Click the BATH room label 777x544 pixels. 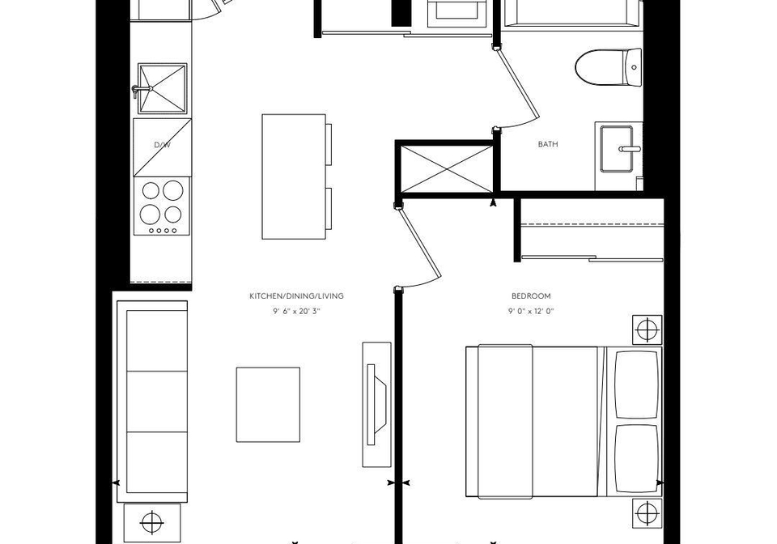(x=548, y=144)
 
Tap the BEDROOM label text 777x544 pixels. (x=531, y=296)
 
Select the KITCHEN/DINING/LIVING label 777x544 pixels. (x=296, y=296)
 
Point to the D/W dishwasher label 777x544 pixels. (x=162, y=145)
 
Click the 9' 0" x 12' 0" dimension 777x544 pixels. (x=531, y=312)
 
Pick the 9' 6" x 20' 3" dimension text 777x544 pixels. (x=296, y=312)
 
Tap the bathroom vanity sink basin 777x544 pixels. (x=617, y=149)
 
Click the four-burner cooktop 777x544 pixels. (x=162, y=206)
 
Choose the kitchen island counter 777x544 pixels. (x=294, y=176)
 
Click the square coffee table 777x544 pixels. (x=268, y=404)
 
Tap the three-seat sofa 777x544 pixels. (x=153, y=402)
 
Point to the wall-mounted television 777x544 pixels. (x=377, y=404)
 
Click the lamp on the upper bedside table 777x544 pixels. (x=647, y=329)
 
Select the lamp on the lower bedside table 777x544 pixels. (x=647, y=513)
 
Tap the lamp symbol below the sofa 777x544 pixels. (x=152, y=523)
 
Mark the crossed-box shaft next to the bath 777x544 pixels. (x=447, y=168)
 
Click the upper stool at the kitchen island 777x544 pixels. (x=329, y=143)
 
